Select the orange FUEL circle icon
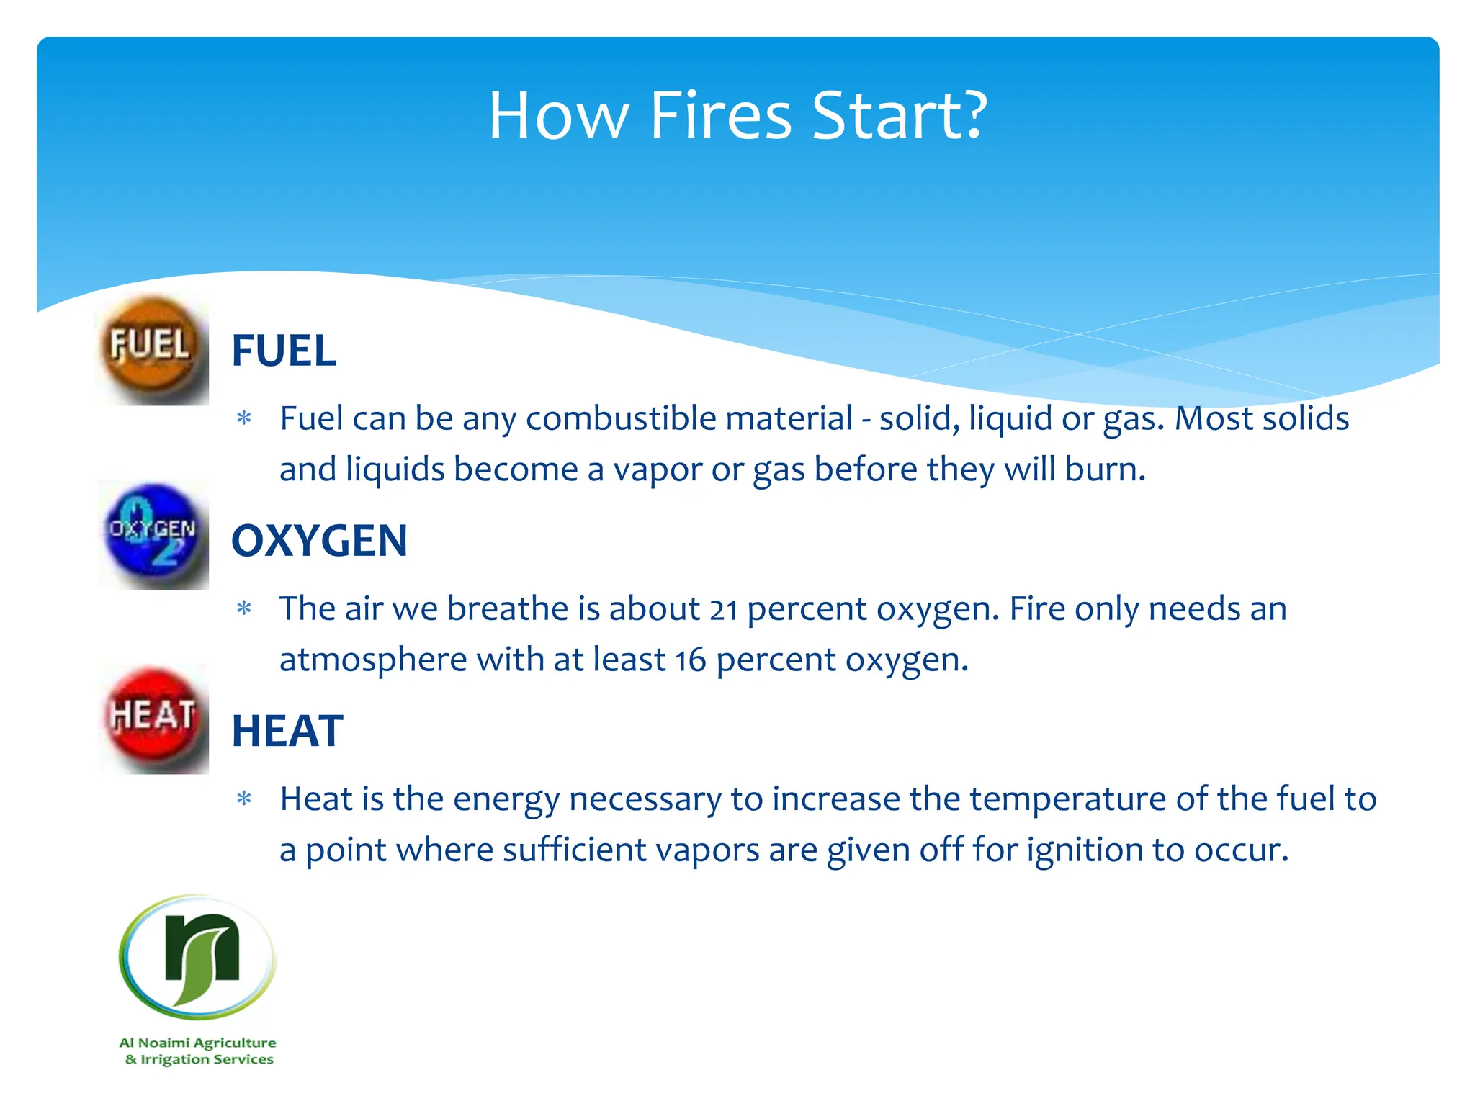tap(151, 349)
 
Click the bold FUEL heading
tap(284, 351)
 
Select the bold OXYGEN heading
tap(319, 541)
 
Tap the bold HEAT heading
tap(287, 731)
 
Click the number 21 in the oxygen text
tap(723, 610)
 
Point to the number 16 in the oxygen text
tap(691, 660)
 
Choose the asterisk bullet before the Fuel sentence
tap(244, 418)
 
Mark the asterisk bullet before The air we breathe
tap(244, 609)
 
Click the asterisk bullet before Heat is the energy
tap(244, 799)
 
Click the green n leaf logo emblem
tap(198, 957)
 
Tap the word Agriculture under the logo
tap(235, 1043)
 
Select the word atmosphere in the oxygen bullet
tap(373, 660)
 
